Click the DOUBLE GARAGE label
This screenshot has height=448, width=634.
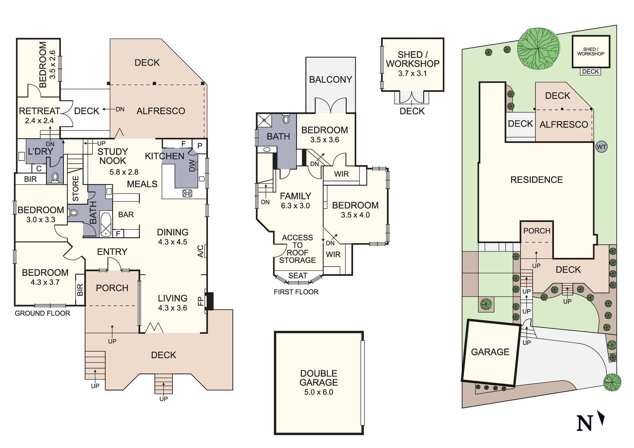click(x=319, y=378)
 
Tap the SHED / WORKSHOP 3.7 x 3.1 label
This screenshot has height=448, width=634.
click(x=412, y=64)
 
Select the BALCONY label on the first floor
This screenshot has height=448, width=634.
click(x=331, y=79)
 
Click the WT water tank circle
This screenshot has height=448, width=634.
click(x=601, y=147)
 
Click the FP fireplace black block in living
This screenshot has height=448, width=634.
click(x=209, y=301)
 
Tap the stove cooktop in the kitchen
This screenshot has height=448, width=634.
click(x=187, y=193)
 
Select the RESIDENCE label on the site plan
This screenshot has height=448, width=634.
click(x=536, y=180)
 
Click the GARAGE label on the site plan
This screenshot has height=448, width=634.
click(x=490, y=352)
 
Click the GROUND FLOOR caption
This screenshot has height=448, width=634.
click(x=42, y=313)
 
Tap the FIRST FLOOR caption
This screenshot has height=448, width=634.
click(x=296, y=292)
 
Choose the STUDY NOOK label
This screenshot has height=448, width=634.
click(x=113, y=156)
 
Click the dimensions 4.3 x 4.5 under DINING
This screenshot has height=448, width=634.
click(x=172, y=242)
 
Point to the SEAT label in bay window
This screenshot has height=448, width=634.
click(x=298, y=276)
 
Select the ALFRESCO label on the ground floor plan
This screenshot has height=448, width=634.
click(x=161, y=111)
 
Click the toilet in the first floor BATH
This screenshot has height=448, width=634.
click(x=286, y=119)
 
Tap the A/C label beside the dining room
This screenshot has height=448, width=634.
click(x=200, y=251)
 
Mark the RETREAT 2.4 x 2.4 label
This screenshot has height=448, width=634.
click(x=40, y=115)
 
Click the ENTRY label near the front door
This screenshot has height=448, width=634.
click(x=112, y=252)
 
